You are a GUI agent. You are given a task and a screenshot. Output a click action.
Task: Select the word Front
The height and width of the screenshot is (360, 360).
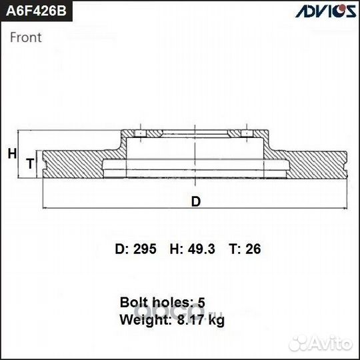(25, 37)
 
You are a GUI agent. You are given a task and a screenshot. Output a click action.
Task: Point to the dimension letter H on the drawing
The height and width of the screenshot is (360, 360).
(11, 154)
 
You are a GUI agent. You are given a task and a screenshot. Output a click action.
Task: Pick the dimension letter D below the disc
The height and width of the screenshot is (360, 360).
(195, 201)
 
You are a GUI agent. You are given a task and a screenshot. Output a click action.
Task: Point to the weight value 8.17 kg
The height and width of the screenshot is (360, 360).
(201, 320)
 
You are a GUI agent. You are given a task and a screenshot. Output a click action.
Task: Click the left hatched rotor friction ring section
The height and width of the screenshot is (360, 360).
(73, 163)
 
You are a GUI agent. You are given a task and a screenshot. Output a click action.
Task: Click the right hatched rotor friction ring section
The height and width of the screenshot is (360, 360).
(317, 163)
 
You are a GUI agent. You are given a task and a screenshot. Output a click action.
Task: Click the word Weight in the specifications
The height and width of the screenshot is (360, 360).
(141, 320)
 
